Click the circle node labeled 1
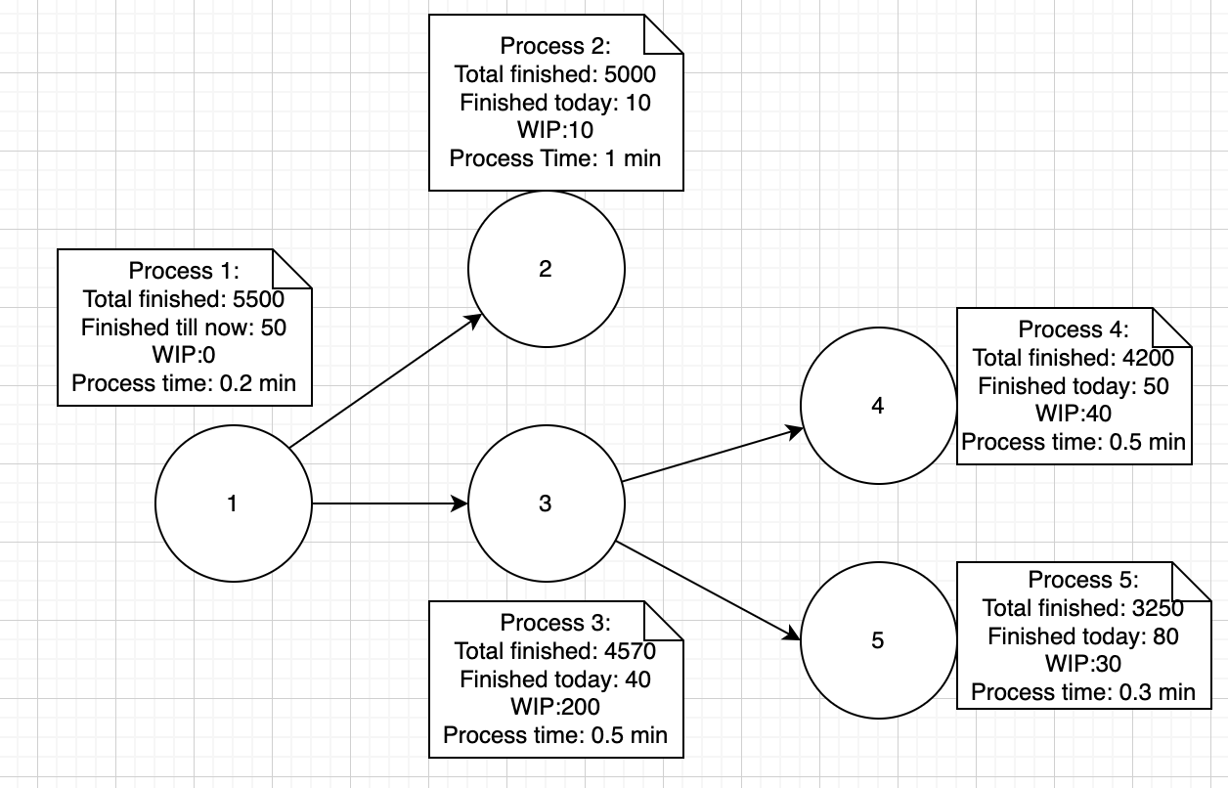coord(233,503)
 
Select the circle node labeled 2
coord(546,269)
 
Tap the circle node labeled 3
coord(546,503)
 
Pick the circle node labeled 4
coord(877,406)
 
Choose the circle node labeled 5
coord(877,640)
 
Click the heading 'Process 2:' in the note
coord(555,46)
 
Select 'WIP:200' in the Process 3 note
coord(555,707)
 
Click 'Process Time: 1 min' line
coord(555,157)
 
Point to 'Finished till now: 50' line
coord(184,328)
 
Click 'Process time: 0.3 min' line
coord(1083,692)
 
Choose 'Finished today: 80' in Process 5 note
coord(1083,636)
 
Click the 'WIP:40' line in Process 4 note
coord(1074,414)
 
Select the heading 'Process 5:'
coord(1083,579)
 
